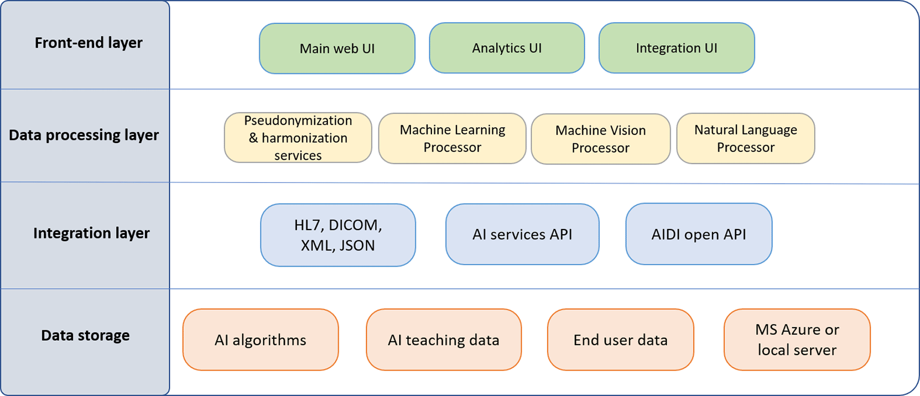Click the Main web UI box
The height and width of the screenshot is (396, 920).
[x=337, y=48]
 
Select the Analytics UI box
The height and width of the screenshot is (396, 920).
[x=507, y=48]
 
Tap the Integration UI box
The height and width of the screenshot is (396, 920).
[x=677, y=48]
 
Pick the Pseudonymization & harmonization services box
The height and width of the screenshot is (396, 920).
[x=298, y=138]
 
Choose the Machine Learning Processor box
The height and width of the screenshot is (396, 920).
[x=452, y=138]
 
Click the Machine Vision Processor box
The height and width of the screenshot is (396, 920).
[x=601, y=139]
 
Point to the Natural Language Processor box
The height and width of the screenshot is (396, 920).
[x=746, y=138]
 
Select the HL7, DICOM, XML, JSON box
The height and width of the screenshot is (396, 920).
[x=338, y=235]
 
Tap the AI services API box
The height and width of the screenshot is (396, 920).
[x=522, y=234]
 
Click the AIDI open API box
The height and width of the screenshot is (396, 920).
[x=699, y=234]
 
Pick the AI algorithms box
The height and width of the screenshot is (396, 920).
[x=261, y=340]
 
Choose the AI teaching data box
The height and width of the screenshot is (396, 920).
[x=444, y=340]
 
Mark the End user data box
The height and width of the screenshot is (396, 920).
[x=621, y=340]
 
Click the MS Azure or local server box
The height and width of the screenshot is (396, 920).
[x=797, y=340]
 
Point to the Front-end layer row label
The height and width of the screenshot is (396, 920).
[x=88, y=43]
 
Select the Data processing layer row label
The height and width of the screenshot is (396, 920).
[x=84, y=135]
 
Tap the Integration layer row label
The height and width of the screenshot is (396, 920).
[x=91, y=233]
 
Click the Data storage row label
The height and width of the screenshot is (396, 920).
[x=85, y=335]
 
